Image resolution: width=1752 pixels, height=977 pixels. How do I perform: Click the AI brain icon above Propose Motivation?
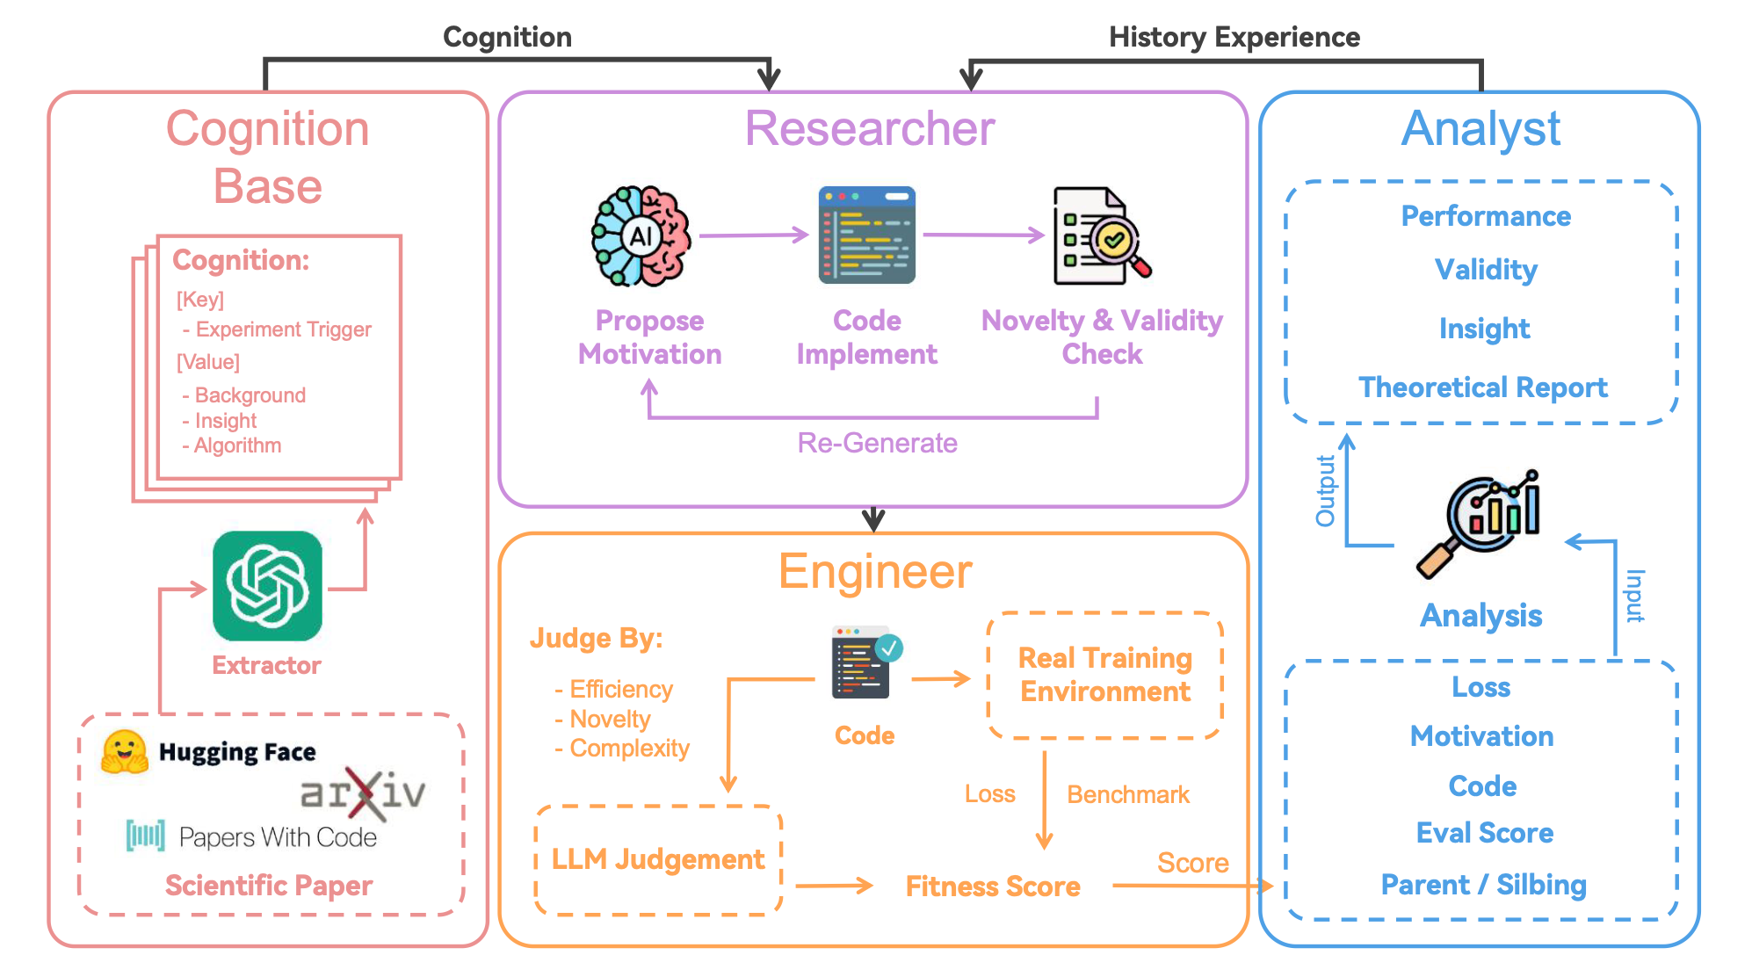point(641,236)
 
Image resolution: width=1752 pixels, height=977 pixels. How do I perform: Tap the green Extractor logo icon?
point(267,585)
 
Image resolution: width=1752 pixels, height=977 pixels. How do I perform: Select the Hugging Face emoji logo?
point(124,752)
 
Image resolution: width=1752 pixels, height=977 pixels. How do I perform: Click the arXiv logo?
point(363,792)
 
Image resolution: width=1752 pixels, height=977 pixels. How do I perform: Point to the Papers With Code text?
point(278,837)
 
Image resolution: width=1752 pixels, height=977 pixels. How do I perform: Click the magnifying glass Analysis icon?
point(1479,524)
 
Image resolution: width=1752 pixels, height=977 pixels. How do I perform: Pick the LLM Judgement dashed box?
point(658,860)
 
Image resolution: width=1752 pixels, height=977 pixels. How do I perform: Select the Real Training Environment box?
point(1105,676)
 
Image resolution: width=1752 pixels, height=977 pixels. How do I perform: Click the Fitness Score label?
point(993,887)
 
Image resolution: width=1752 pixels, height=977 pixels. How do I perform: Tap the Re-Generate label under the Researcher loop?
point(877,443)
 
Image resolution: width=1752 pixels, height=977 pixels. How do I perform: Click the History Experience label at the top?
point(1234,37)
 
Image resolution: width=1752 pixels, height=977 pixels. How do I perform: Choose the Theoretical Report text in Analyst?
point(1483,387)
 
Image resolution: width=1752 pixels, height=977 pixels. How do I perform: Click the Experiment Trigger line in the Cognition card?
point(277,329)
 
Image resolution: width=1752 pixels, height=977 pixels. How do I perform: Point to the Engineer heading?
point(875,572)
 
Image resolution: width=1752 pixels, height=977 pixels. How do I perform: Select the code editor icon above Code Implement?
point(866,235)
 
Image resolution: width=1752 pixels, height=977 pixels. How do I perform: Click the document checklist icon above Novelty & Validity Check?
point(1102,235)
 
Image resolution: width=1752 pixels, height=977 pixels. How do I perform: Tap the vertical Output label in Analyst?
point(1325,491)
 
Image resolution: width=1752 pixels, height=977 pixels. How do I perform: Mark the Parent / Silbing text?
point(1483,885)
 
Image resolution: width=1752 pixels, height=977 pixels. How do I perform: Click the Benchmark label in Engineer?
point(1128,795)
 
